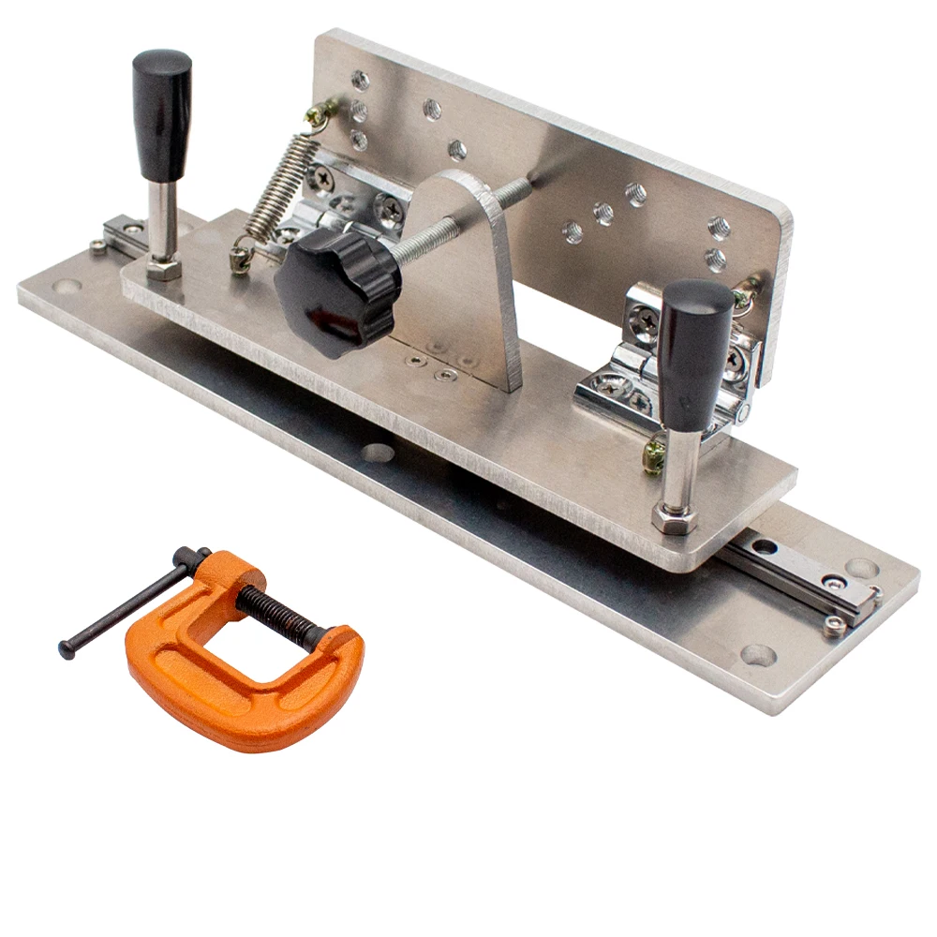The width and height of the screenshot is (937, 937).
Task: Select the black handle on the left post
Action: [x=162, y=112]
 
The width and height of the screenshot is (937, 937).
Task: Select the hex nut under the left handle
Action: [x=164, y=270]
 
